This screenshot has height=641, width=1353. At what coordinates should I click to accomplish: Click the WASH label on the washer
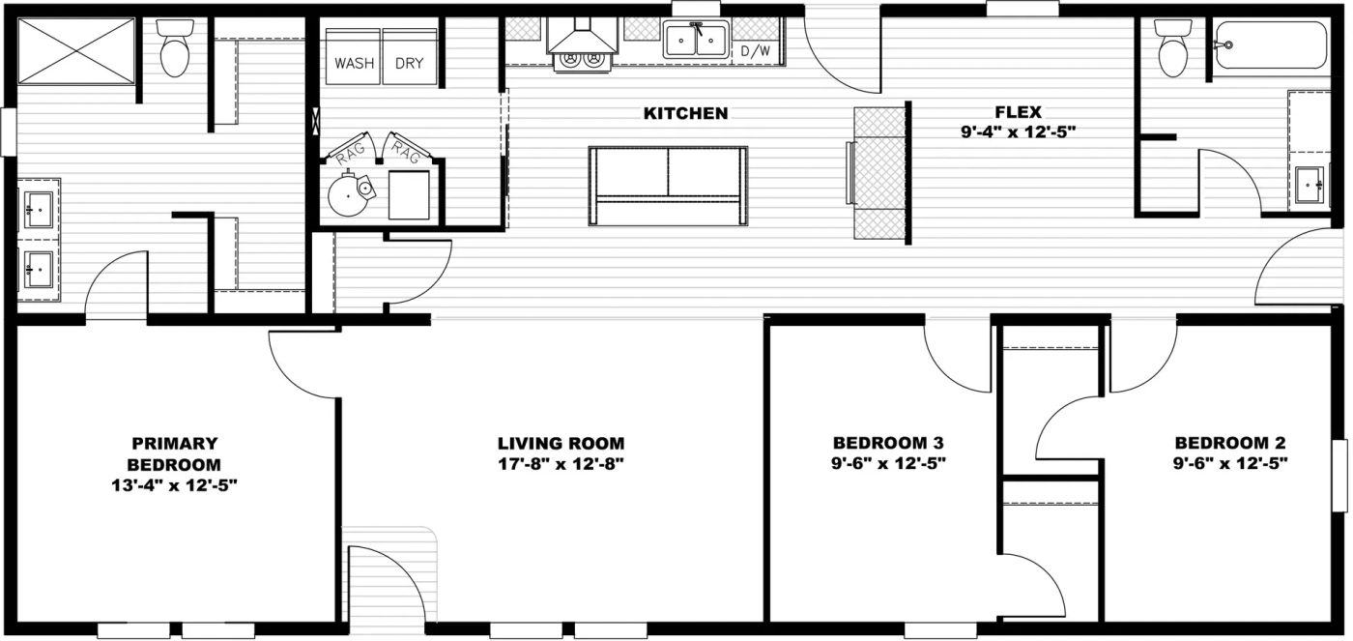354,65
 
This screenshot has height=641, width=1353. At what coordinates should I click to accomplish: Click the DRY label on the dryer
410,65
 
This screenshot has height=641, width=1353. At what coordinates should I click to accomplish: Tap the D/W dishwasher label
755,50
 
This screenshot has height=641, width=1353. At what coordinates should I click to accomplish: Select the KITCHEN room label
685,114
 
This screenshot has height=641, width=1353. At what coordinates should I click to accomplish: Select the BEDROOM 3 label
888,443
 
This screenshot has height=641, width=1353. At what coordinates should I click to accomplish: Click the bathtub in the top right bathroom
1271,44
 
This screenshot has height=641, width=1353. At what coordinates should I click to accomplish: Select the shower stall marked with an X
77,50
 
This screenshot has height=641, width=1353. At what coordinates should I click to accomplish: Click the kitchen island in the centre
669,186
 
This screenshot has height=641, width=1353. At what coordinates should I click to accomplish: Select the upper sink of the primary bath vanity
40,207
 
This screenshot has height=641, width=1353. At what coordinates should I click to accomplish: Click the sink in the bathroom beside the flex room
1310,182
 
